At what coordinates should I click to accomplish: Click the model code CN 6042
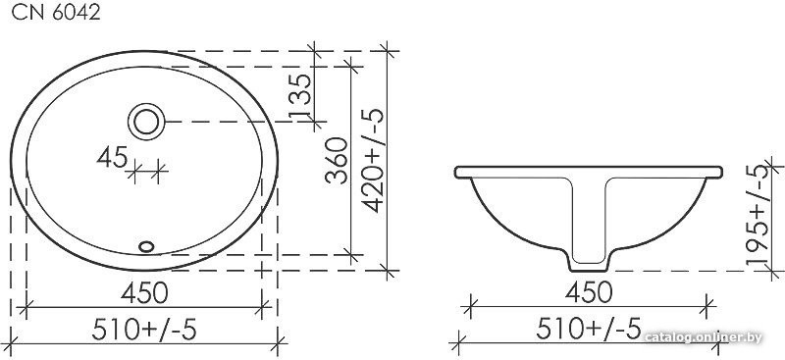coord(54,13)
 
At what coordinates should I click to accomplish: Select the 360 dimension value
coord(337,162)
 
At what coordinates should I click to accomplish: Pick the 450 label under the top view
coord(143,292)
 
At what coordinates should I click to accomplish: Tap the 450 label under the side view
coord(589,292)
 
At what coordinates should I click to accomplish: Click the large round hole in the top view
coord(146,122)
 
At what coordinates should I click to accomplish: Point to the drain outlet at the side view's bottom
coord(589,263)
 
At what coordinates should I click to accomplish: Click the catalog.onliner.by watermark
coord(704,338)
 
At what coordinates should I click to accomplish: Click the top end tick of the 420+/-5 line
coord(388,50)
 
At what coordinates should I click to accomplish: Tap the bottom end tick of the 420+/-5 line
coord(388,268)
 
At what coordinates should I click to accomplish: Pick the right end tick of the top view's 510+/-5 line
coord(280,342)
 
